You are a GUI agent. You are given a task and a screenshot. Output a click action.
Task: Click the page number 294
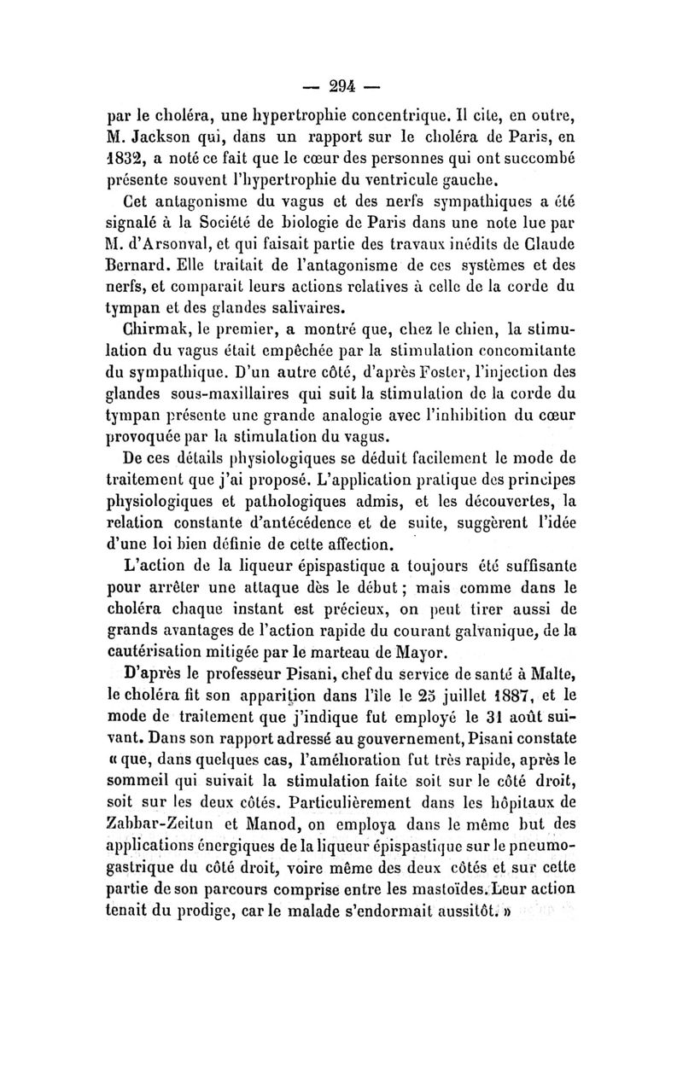coord(341,84)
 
